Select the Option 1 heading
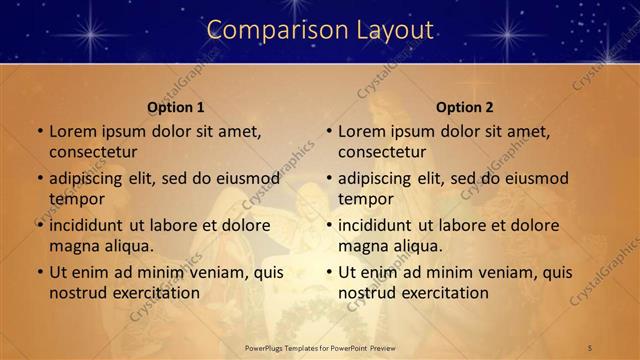coord(176,107)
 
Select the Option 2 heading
coord(465,107)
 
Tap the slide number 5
coord(591,348)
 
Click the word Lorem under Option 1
coord(72,131)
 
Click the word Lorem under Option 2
coord(361,131)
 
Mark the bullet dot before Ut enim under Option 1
coord(39,272)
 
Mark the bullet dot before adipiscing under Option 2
coord(328,178)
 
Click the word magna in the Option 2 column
coord(361,246)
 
